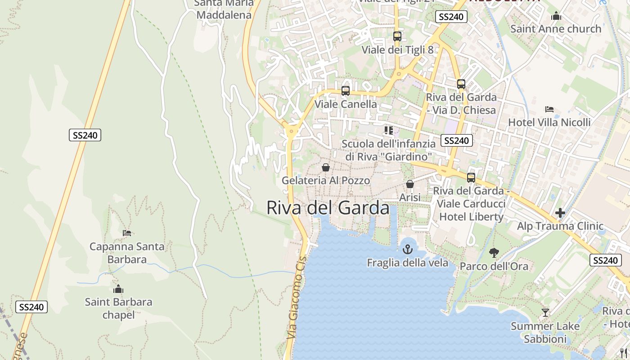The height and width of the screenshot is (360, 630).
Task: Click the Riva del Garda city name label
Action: point(328,208)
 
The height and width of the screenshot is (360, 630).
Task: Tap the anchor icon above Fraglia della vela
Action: point(408,249)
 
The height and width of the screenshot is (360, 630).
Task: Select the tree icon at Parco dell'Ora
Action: point(494,253)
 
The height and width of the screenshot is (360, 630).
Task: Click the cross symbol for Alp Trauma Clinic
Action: point(560,213)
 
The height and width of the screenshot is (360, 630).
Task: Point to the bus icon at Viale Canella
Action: point(346,91)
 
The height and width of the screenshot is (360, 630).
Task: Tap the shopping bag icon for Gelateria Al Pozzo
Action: point(326,167)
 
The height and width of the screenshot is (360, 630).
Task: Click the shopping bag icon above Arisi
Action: point(410,184)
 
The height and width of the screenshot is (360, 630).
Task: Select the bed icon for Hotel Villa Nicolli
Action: point(549,109)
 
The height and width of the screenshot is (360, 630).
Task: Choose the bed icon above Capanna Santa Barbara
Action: point(127,233)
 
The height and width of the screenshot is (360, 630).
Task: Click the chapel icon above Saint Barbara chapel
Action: point(118,289)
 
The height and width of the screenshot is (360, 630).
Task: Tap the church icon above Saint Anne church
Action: point(556,16)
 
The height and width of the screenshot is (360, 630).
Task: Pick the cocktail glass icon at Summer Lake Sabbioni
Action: point(545,312)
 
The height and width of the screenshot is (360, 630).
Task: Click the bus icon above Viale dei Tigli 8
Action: point(397,36)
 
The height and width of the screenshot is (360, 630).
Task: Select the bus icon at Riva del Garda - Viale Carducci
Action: point(471,178)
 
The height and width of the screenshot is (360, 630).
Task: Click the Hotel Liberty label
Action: point(471,216)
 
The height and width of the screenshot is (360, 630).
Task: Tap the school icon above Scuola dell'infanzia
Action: point(389,130)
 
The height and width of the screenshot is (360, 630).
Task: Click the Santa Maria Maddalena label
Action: point(224,9)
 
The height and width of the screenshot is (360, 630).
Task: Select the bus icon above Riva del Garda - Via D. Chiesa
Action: point(461,84)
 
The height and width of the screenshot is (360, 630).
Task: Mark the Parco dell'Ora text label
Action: point(494,266)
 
